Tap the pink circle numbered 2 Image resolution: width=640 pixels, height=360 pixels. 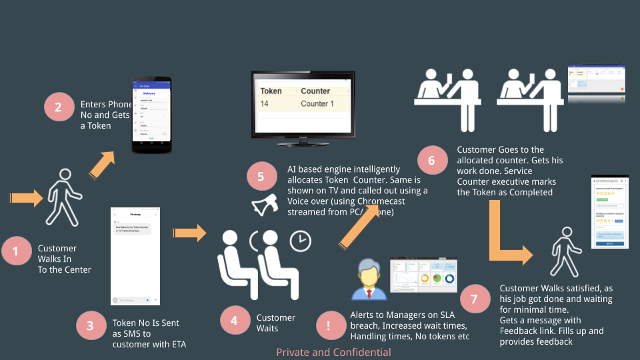click(x=59, y=108)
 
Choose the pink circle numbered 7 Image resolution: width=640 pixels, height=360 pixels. click(x=474, y=299)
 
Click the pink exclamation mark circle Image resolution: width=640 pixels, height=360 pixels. click(x=329, y=326)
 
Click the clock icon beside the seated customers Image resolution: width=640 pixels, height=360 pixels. click(x=301, y=241)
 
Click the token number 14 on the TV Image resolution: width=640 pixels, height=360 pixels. click(x=265, y=104)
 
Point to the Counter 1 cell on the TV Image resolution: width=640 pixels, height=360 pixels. click(x=317, y=104)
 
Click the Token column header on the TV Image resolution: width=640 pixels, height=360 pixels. click(x=271, y=91)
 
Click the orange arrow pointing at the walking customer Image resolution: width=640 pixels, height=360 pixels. click(x=26, y=197)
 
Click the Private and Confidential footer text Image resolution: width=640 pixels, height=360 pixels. click(x=334, y=352)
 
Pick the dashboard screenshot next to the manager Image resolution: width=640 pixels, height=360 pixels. click(x=423, y=274)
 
